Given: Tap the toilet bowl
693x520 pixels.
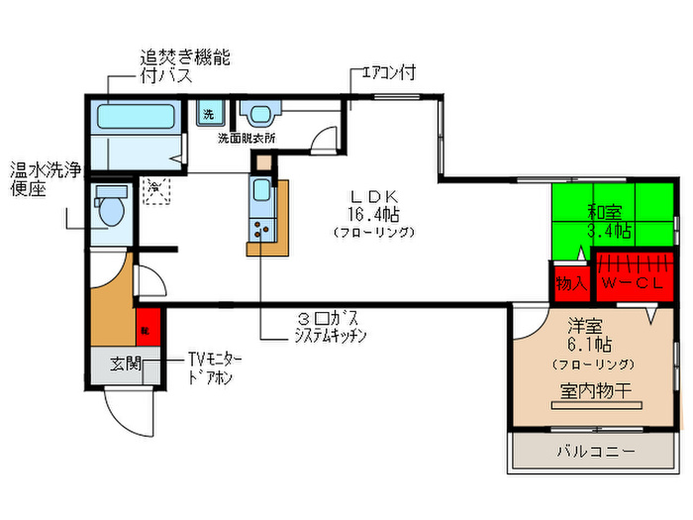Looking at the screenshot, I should click(x=110, y=209).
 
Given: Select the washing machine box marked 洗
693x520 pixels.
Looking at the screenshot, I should click(x=209, y=114).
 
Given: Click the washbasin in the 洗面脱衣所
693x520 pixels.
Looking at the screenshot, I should click(x=260, y=113).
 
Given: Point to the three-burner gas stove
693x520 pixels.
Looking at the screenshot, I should click(x=262, y=230).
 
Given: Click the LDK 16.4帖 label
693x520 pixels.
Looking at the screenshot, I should click(x=372, y=205).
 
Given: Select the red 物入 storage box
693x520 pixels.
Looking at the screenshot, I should click(x=570, y=283).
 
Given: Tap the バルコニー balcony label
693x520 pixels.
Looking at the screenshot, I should click(x=595, y=452).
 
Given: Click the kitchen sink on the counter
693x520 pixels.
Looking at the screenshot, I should click(x=261, y=192).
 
